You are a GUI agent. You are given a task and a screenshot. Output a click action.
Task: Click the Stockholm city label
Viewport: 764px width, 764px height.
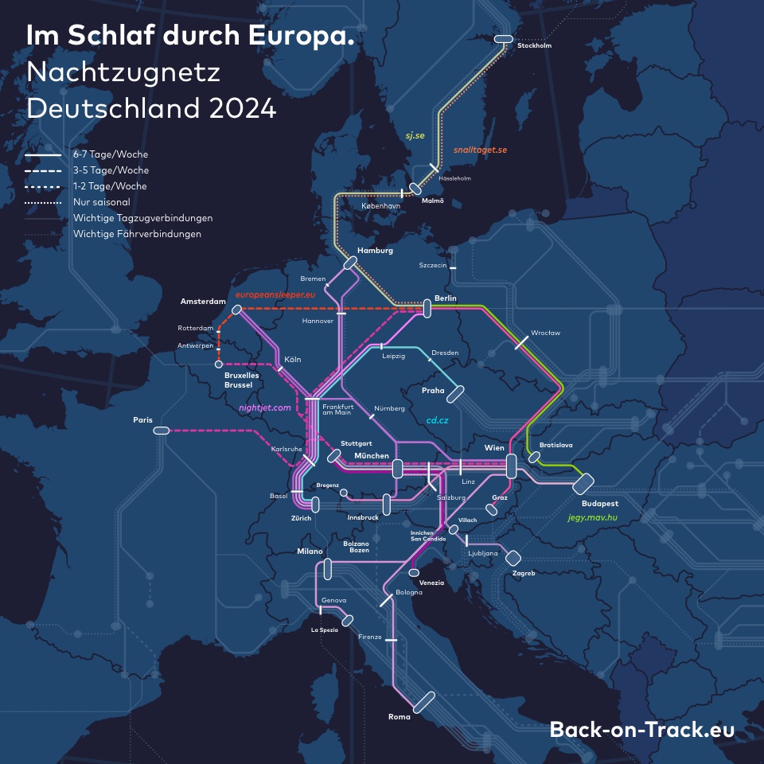point(534,46)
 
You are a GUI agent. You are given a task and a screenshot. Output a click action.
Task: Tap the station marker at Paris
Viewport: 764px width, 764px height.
point(162,431)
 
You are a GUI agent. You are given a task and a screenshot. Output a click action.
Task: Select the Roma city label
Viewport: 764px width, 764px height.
point(399,717)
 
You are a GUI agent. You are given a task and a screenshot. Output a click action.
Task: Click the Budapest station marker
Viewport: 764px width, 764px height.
point(583,483)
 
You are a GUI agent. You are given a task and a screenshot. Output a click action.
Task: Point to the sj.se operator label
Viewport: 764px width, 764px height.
point(415,136)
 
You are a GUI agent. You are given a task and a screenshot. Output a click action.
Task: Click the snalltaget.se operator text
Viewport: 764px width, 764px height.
point(480,150)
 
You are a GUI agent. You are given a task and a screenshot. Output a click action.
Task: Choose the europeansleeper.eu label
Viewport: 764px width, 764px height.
point(275,295)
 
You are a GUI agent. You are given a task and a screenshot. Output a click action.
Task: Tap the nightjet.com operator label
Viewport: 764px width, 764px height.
point(265,407)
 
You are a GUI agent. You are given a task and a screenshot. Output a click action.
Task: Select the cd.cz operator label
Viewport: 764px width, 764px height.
point(438,419)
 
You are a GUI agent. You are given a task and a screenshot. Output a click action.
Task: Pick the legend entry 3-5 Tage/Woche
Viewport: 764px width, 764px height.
point(111,170)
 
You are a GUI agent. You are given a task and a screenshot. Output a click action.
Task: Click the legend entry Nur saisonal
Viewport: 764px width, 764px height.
point(101,202)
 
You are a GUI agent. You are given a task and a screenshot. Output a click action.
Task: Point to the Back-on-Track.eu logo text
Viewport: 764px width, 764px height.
point(641,730)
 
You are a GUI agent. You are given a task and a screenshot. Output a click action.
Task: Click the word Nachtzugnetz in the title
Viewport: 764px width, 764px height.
point(123,72)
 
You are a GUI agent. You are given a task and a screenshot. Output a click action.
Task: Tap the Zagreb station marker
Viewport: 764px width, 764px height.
point(513,558)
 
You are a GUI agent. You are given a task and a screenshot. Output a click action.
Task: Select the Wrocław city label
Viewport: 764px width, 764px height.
point(545,333)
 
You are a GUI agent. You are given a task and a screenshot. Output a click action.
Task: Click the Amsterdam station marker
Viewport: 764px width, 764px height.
point(236,310)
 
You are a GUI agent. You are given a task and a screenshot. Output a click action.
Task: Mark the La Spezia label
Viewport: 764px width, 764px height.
point(324,630)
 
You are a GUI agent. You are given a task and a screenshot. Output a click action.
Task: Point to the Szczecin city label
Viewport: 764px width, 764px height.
point(433,266)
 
